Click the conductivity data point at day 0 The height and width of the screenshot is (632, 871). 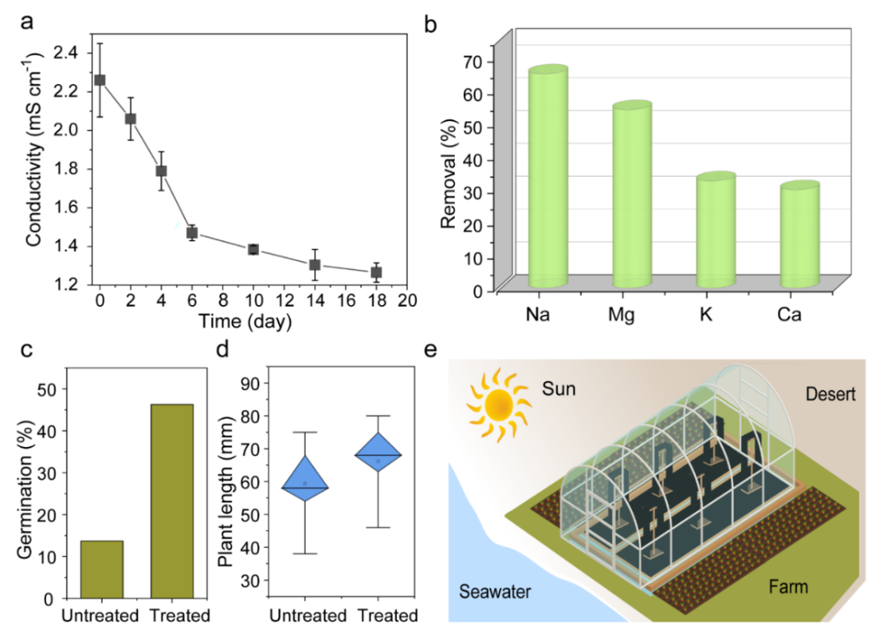coord(100,80)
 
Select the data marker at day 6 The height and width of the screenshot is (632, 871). coord(192,232)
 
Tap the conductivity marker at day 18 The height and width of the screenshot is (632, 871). coord(376,272)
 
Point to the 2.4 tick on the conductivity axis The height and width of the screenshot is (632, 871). coord(69,52)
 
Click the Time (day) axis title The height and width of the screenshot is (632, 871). coord(246,321)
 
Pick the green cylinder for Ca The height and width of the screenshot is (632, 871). coord(799,235)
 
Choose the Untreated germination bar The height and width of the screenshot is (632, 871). coord(102,569)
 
